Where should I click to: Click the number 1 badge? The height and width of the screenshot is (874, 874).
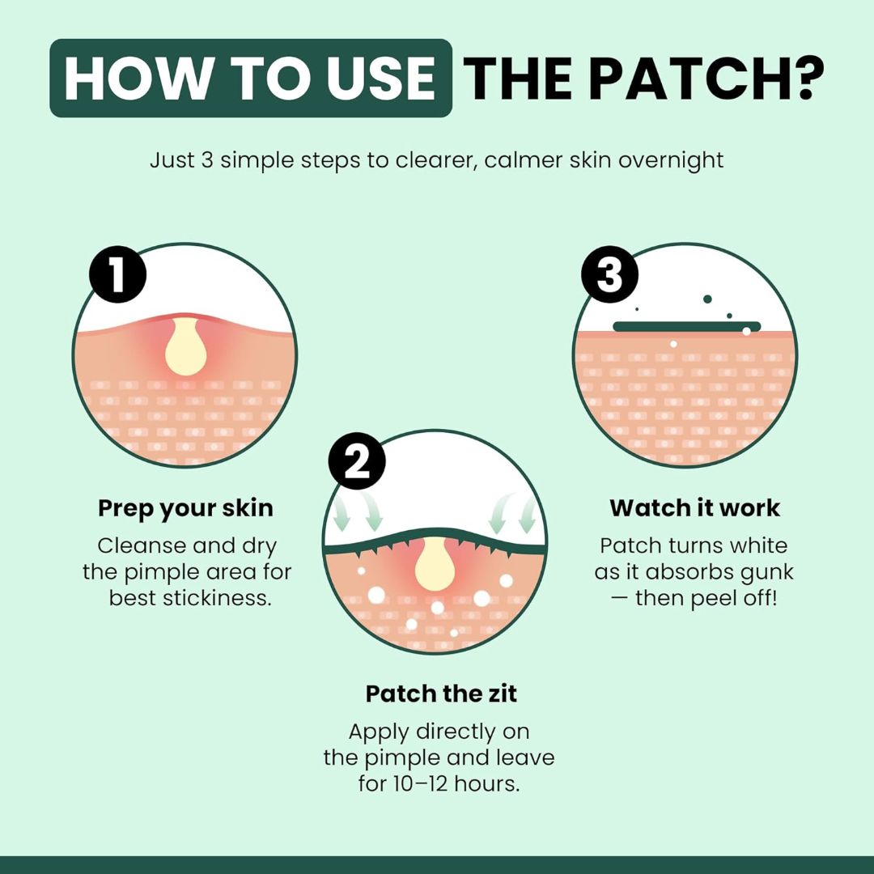click(x=117, y=274)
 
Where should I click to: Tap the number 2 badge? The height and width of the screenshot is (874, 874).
click(x=357, y=461)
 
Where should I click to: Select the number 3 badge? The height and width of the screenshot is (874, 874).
click(x=609, y=274)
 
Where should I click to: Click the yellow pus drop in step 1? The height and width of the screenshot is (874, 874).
click(x=185, y=346)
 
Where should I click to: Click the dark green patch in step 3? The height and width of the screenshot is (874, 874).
click(x=687, y=326)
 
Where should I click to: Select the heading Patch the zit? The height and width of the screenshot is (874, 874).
click(x=441, y=694)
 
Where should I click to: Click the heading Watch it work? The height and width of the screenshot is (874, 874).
click(x=694, y=507)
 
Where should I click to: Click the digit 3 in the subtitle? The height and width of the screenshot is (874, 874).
click(x=207, y=160)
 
